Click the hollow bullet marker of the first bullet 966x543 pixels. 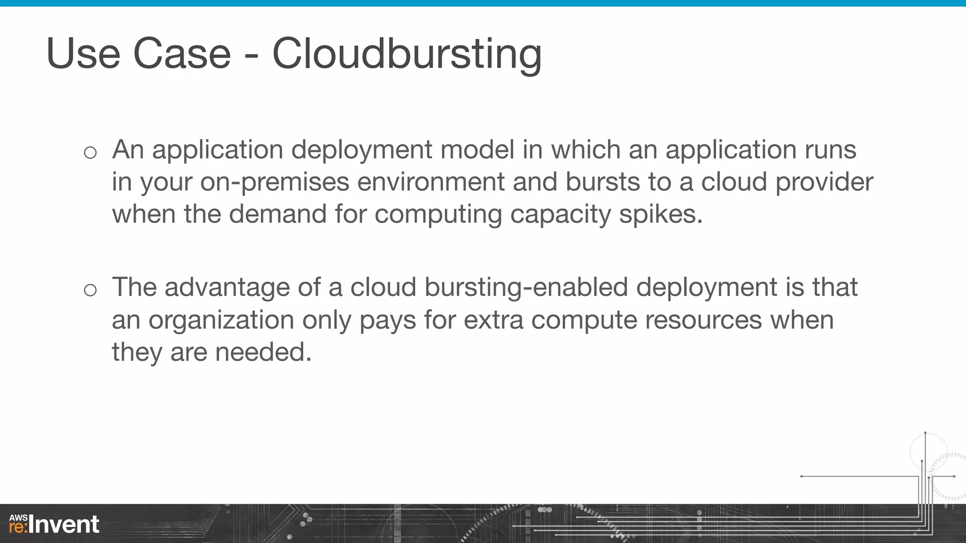(90, 152)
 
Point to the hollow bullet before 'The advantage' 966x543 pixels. (90, 290)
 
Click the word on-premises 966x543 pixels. (275, 182)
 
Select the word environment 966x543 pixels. (431, 182)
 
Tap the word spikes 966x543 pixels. (660, 214)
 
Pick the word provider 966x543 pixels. (824, 182)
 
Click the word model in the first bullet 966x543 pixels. (477, 150)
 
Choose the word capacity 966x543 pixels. (560, 214)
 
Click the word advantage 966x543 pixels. (227, 288)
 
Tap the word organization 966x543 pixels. (221, 321)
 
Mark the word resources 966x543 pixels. (703, 321)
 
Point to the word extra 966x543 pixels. (493, 321)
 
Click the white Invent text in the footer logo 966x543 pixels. (64, 525)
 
